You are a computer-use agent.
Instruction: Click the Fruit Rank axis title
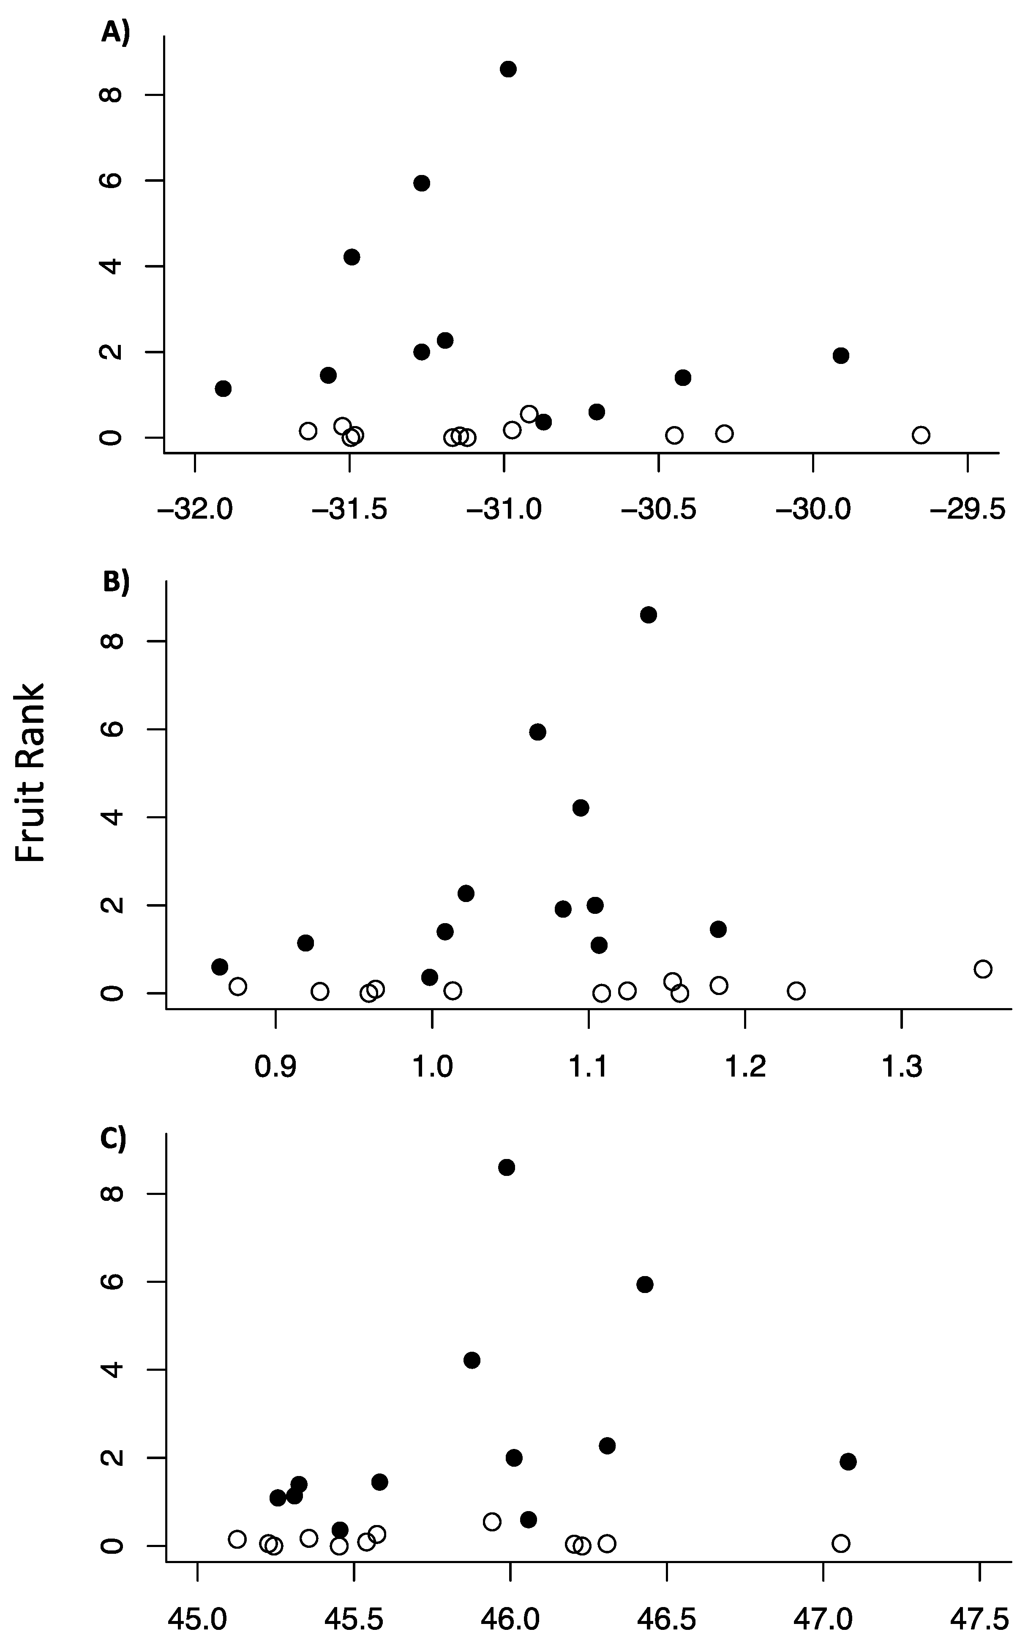pos(30,773)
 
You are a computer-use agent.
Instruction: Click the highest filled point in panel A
pos(508,69)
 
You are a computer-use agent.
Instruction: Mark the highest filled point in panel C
pos(507,1167)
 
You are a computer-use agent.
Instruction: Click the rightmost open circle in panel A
pos(921,435)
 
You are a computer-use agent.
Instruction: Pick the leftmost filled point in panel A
pos(223,389)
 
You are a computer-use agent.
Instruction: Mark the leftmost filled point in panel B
pos(220,967)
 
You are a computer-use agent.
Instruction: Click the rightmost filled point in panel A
pos(841,355)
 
